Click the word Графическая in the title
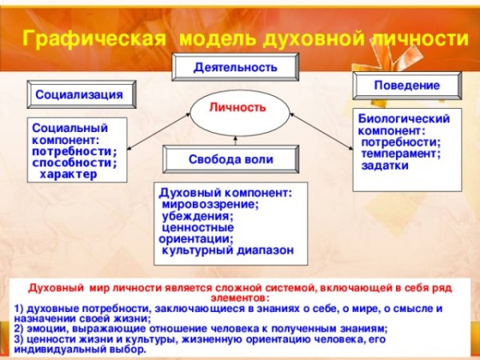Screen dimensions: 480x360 [94, 39]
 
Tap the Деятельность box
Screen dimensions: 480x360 [235, 67]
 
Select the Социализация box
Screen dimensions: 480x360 [82, 94]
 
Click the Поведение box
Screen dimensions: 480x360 [407, 86]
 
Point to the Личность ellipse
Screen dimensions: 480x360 [240, 114]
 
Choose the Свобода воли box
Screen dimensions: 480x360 [231, 159]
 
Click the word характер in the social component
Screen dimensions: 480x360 [68, 174]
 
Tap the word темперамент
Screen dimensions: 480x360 [402, 154]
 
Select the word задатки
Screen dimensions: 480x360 [385, 166]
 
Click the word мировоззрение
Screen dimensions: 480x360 [210, 205]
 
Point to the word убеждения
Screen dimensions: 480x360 [198, 216]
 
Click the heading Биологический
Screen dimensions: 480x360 [404, 118]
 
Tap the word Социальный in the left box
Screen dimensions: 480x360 [70, 128]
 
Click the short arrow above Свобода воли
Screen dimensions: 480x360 [235, 141]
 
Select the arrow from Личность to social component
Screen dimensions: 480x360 [158, 132]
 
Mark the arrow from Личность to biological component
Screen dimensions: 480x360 [321, 132]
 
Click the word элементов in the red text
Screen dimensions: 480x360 [238, 298]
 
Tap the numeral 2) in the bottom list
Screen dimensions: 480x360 [19, 329]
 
